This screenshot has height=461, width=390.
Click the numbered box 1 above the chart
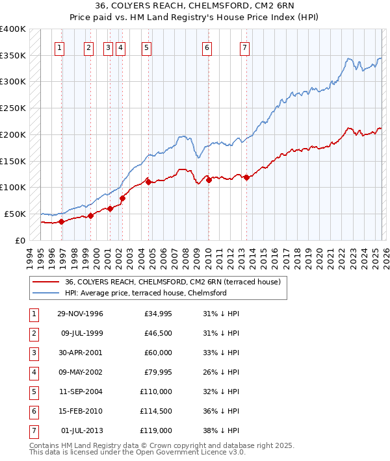point(59,47)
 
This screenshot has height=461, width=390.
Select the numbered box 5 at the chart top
point(146,47)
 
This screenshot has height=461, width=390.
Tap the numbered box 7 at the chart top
point(244,47)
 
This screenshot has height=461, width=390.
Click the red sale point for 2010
point(209,180)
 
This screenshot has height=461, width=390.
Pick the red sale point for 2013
point(246,177)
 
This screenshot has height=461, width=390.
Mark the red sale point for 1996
point(62,221)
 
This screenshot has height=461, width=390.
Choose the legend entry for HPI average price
point(145,293)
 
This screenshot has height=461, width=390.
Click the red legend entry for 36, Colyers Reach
point(172,282)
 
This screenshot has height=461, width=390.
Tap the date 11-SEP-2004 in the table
point(80,392)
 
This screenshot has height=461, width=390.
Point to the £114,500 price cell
point(155,411)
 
